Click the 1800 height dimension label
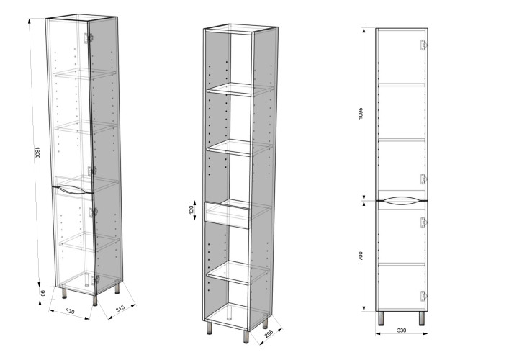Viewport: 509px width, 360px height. pyautogui.click(x=37, y=153)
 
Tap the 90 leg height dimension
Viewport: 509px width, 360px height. pyautogui.click(x=42, y=293)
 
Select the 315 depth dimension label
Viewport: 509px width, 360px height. pyautogui.click(x=120, y=309)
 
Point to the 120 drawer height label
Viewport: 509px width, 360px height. pyautogui.click(x=192, y=210)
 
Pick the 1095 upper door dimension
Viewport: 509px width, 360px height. pyautogui.click(x=361, y=113)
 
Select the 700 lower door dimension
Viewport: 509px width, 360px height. pyautogui.click(x=361, y=256)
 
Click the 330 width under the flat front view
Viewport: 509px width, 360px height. pyautogui.click(x=402, y=330)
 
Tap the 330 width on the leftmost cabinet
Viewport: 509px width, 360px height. pyautogui.click(x=70, y=311)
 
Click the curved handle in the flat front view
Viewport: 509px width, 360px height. pyautogui.click(x=401, y=201)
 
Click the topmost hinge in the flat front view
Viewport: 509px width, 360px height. pyautogui.click(x=423, y=45)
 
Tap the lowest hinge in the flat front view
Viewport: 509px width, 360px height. pyautogui.click(x=423, y=296)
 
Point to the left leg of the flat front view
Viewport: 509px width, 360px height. pyautogui.click(x=381, y=318)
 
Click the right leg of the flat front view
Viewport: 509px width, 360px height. pyautogui.click(x=422, y=318)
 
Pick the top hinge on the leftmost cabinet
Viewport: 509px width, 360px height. pyautogui.click(x=88, y=38)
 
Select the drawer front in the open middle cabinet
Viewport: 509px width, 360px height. pyautogui.click(x=228, y=215)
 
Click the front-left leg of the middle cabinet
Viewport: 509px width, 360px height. pyautogui.click(x=210, y=328)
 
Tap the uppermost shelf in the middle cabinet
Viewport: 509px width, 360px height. pyautogui.click(x=240, y=89)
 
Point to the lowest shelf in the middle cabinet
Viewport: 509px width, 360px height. pyautogui.click(x=238, y=273)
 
